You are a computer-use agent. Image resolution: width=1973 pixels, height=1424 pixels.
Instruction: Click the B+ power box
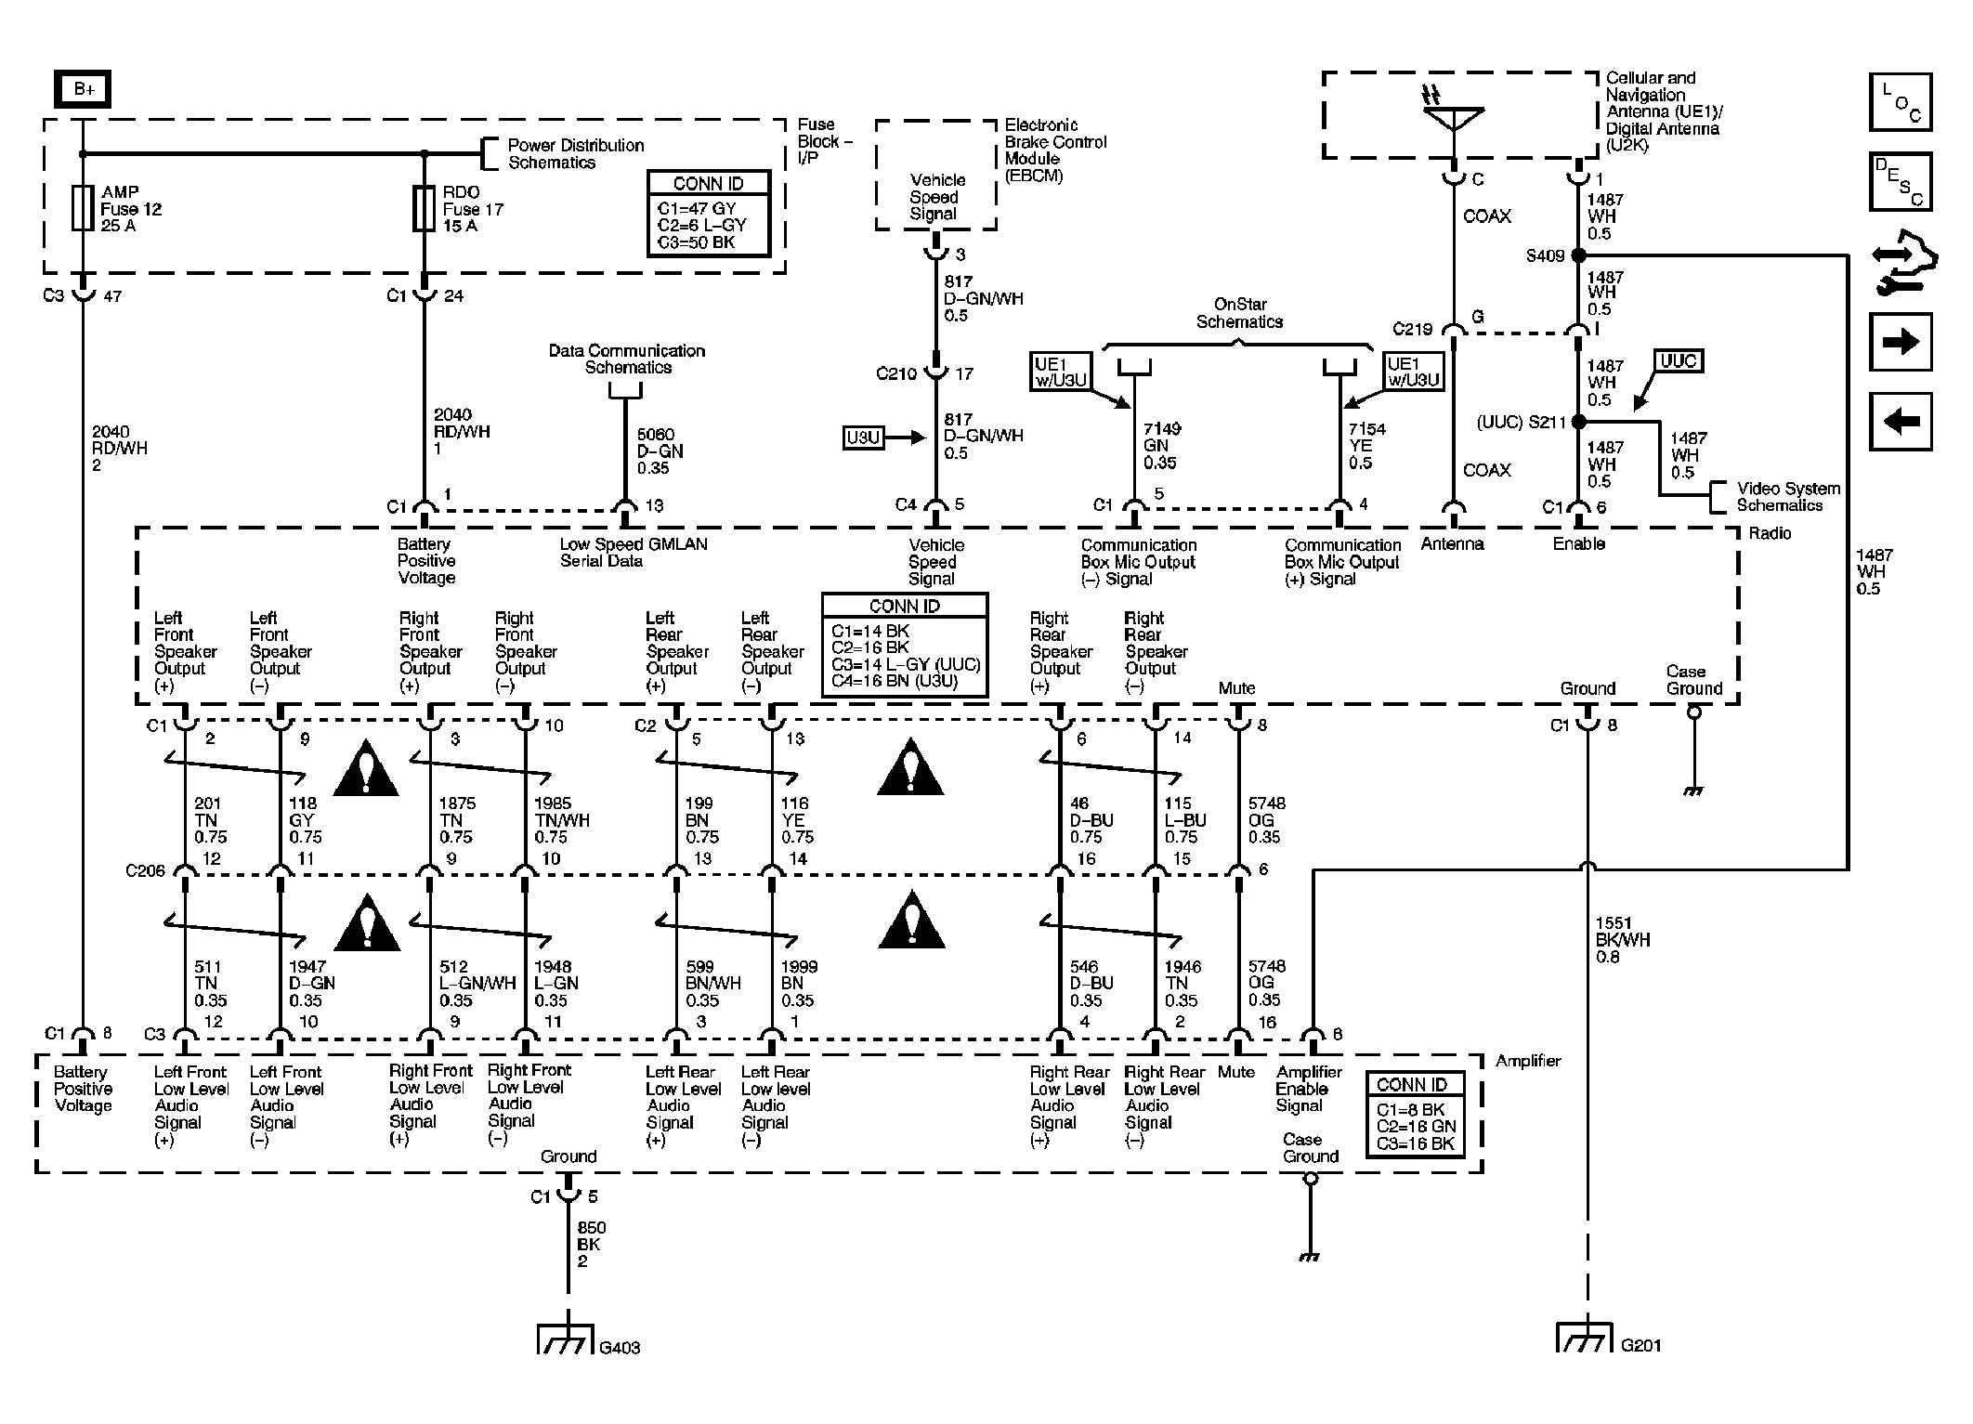(83, 89)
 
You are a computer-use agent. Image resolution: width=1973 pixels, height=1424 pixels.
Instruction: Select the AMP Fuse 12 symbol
(83, 208)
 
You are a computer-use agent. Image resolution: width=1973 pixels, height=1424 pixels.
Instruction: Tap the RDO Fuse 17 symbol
(425, 208)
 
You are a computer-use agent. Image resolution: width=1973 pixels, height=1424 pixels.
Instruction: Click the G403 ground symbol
(566, 1338)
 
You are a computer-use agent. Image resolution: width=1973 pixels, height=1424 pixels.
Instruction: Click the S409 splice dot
(1578, 255)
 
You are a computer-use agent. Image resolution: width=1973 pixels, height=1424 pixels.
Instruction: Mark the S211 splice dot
(1578, 422)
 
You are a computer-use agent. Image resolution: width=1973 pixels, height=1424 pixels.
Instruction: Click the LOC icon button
(1901, 101)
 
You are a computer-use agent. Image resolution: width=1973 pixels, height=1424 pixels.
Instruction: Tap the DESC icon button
(1901, 181)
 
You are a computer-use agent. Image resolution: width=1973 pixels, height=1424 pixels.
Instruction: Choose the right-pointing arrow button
(1901, 342)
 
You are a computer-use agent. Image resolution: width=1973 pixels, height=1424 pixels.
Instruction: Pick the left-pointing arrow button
(1901, 422)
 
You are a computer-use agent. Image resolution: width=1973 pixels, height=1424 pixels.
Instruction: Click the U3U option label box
(864, 438)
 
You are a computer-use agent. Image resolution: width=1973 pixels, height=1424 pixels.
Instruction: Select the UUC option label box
(1679, 361)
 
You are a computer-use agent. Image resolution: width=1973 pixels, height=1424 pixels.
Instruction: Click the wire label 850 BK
(589, 1235)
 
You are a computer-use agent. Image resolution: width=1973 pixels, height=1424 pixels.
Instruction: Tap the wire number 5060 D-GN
(660, 442)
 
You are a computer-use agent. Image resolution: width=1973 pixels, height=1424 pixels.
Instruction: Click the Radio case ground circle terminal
(1694, 712)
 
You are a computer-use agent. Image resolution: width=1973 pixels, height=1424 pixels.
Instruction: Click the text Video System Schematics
(1788, 497)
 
